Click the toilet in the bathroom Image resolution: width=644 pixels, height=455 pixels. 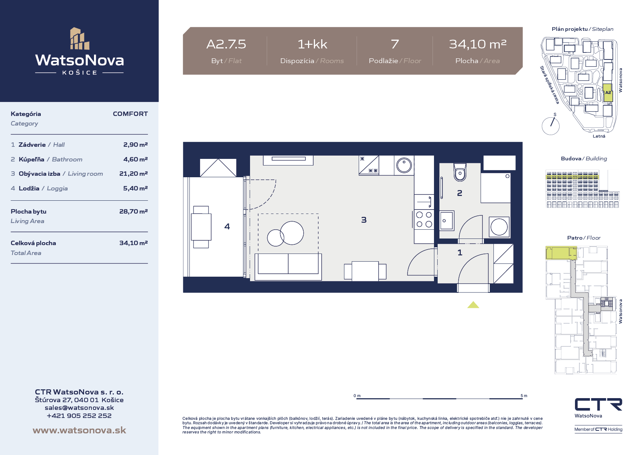460,172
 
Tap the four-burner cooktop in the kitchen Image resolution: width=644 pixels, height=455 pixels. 424,219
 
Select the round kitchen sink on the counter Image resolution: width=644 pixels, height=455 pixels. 404,165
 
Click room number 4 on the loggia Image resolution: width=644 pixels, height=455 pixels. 227,226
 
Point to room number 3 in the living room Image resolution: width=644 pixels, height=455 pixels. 364,220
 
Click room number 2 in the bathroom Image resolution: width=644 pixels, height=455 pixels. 460,193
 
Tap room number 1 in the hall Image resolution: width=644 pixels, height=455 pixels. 460,252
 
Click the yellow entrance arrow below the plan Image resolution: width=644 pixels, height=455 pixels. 473,305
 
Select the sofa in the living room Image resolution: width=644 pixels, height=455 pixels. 288,267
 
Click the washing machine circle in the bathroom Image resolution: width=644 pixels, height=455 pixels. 499,227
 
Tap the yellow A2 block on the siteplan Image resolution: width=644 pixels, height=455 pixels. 608,93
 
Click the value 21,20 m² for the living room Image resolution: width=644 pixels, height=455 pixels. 134,174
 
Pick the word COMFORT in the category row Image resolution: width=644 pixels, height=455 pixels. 130,114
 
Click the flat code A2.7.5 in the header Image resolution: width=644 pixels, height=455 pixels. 226,44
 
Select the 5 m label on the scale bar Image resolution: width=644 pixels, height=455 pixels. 524,396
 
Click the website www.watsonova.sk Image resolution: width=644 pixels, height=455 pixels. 79,430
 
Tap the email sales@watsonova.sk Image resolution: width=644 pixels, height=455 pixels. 79,408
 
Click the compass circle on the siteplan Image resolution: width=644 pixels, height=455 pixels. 551,126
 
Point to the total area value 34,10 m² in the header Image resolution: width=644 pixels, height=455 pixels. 478,44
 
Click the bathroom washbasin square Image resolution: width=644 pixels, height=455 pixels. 447,220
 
